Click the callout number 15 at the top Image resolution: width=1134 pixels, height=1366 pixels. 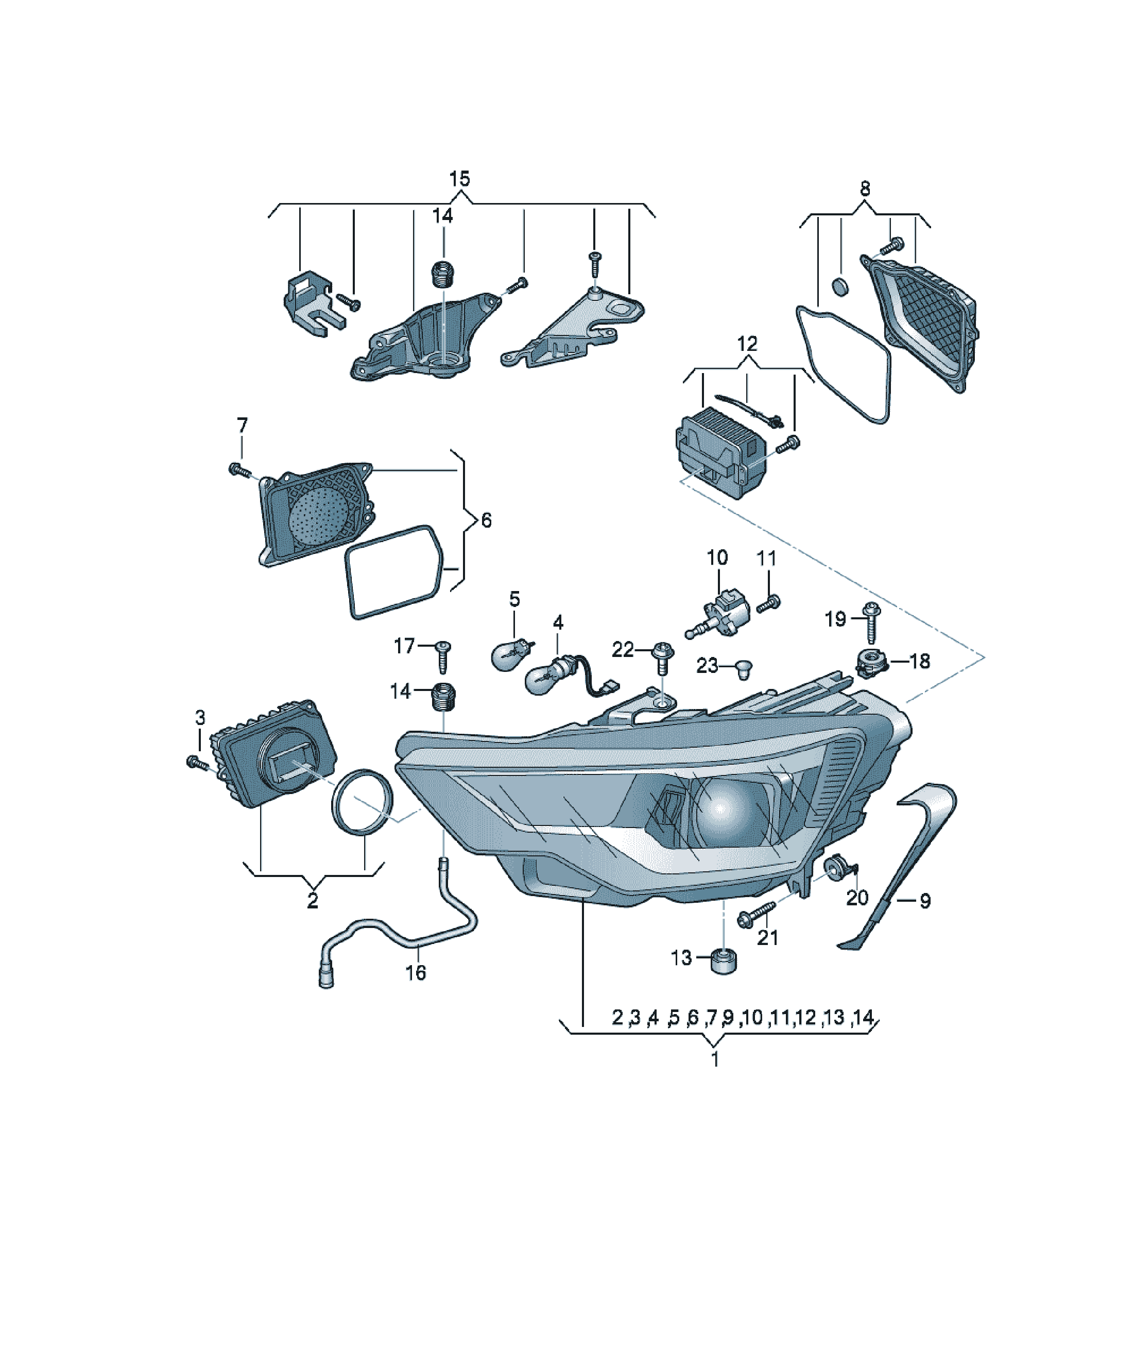(460, 179)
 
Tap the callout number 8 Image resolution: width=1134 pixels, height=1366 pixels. (865, 189)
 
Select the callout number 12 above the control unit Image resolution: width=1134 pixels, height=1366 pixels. (747, 344)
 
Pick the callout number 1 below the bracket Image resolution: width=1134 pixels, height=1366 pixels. (715, 1059)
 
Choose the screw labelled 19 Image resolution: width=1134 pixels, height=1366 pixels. (871, 620)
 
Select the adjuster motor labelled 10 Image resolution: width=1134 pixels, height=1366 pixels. (722, 613)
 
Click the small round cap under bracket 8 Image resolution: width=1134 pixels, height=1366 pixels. (841, 286)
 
